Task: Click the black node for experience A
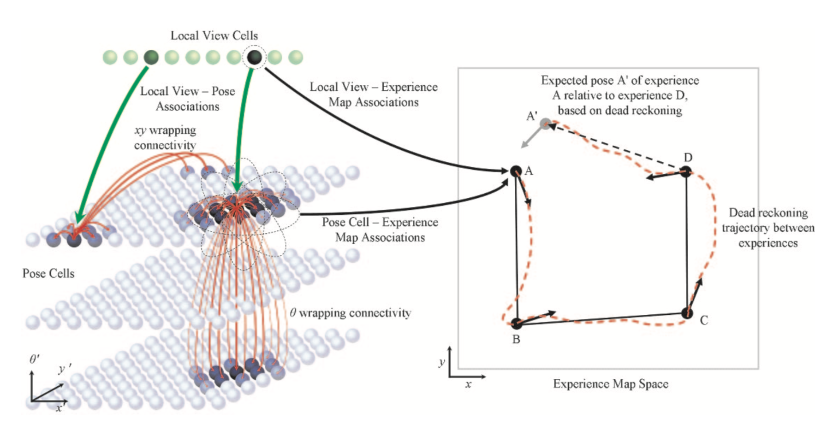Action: coord(516,171)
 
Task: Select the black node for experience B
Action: coord(517,324)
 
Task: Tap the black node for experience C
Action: coord(687,313)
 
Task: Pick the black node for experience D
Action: coord(686,172)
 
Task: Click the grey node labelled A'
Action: coord(546,124)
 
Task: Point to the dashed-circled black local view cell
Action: coord(254,57)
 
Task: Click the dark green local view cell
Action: coord(151,57)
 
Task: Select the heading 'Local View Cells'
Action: coord(214,35)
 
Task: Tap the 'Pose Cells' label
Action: coord(48,273)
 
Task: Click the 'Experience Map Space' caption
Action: coord(610,384)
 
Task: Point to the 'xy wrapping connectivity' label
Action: coord(165,137)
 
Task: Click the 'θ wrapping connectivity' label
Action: coord(351,313)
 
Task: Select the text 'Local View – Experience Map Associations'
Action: coord(374,94)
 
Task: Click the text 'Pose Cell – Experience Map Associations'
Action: coord(380,230)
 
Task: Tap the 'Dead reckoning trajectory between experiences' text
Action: coord(768,228)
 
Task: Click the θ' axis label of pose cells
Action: coord(35,359)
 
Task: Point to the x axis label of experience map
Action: coord(468,384)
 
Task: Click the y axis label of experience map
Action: coord(441,362)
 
